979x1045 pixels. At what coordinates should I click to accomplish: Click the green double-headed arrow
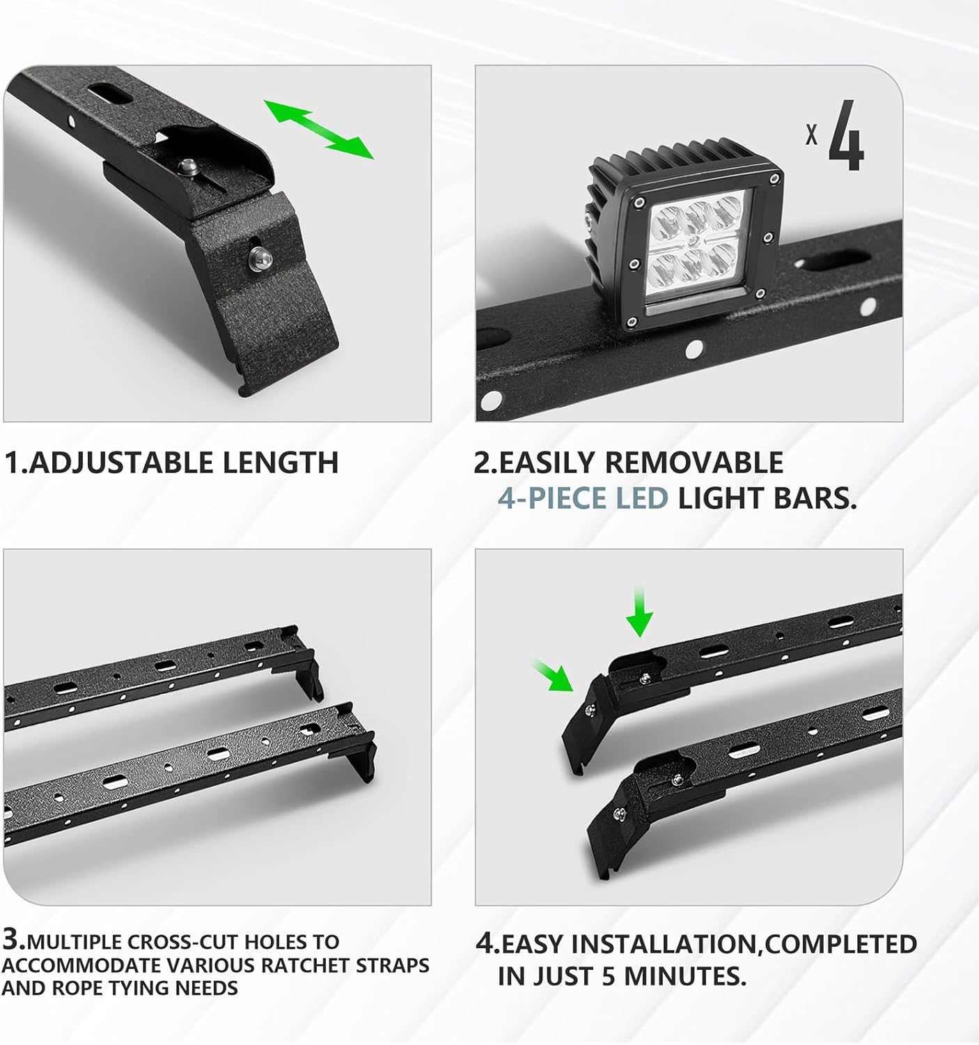318,129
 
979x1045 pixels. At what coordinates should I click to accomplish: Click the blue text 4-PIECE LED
582,498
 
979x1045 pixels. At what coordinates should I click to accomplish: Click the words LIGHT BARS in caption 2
767,498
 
